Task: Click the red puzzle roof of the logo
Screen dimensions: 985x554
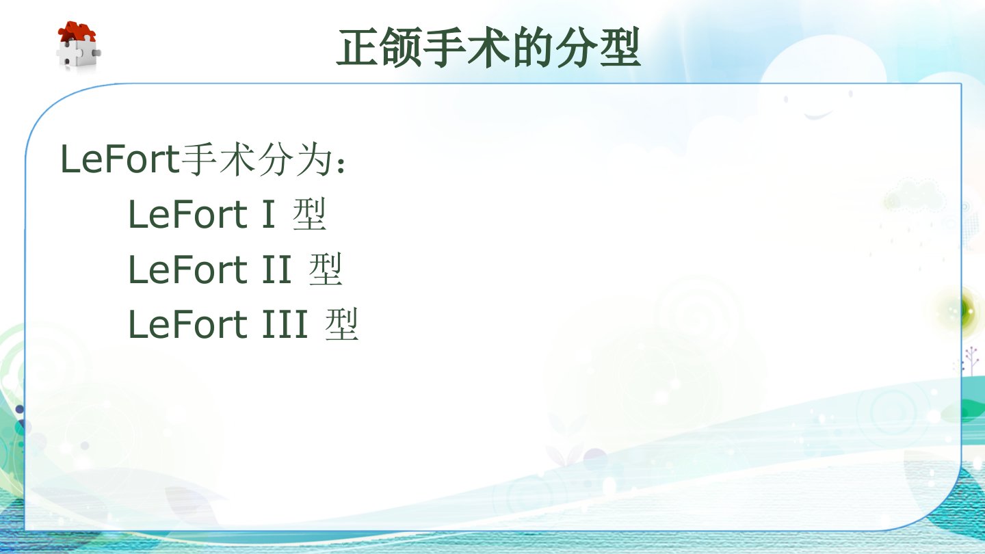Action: coord(77,31)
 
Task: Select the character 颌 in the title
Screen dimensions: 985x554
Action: coord(402,47)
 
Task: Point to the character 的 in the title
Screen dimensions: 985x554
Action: coord(532,47)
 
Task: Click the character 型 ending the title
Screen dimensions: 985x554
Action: coord(618,47)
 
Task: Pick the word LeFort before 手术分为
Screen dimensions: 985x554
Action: coord(119,159)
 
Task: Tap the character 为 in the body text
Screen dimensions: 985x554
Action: coord(313,159)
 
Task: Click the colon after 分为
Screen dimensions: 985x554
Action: coord(341,164)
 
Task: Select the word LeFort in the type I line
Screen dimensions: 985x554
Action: coord(187,214)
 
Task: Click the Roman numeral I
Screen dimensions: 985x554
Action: coord(269,214)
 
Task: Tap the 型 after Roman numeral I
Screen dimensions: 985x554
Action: coord(309,213)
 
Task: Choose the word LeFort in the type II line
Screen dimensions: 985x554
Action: coord(187,269)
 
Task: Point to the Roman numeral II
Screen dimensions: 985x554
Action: coord(277,269)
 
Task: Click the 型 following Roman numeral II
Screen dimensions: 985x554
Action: coord(326,269)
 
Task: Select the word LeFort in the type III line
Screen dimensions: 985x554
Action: coord(187,324)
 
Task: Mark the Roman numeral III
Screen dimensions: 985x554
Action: coord(285,324)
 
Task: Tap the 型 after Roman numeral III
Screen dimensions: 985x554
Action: coord(342,324)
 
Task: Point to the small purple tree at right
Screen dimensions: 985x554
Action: coord(971,360)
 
